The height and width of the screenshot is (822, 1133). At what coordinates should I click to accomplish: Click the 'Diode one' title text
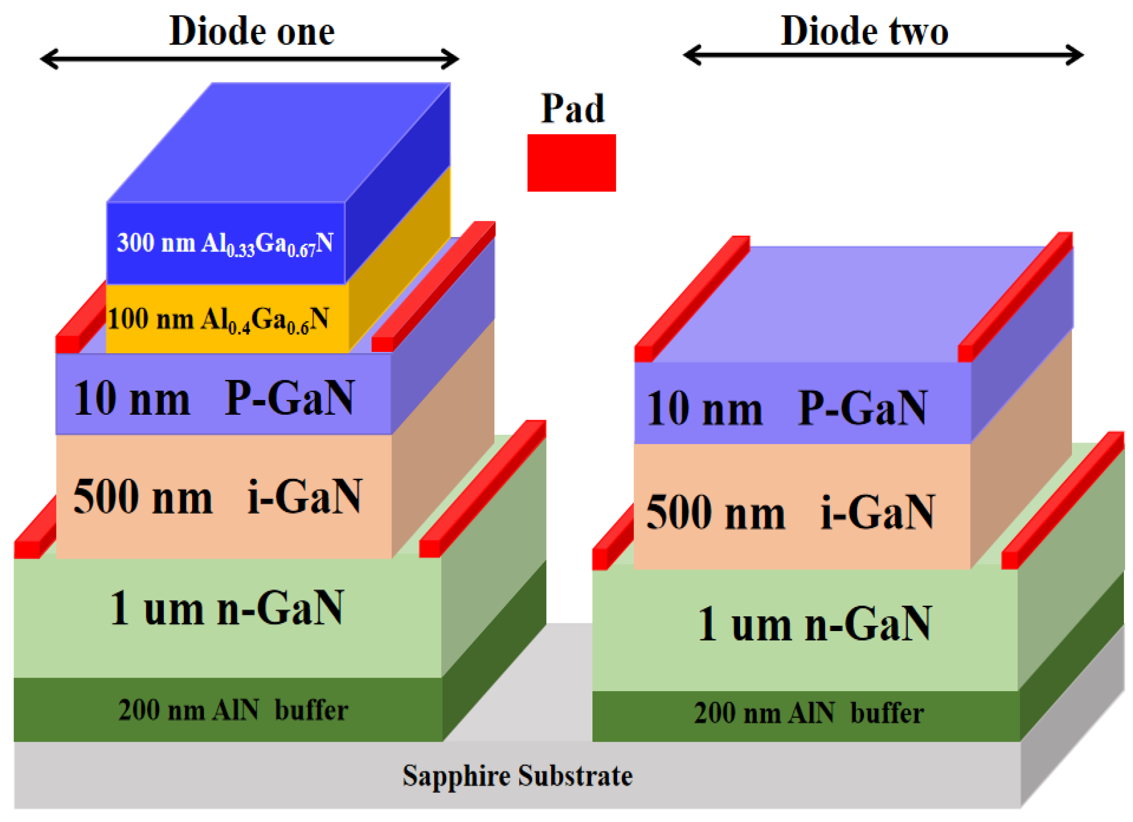[252, 31]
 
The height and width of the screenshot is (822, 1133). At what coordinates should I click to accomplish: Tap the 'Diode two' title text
[864, 31]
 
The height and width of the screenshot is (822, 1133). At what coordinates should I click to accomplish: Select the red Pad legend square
[572, 163]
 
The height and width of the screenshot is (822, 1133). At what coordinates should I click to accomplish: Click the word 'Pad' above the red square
[572, 109]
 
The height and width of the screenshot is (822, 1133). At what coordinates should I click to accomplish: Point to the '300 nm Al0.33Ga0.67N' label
[225, 243]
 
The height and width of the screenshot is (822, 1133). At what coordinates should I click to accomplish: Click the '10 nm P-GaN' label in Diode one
[214, 399]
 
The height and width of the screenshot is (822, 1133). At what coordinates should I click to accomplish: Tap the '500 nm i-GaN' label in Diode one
[217, 497]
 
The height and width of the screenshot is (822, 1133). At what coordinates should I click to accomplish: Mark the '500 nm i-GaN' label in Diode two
[790, 512]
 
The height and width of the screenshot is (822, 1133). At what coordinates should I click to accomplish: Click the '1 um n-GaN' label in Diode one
[227, 608]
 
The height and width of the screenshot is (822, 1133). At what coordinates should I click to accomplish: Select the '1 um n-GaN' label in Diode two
[814, 624]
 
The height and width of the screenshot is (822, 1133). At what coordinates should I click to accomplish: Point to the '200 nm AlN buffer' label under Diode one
[233, 710]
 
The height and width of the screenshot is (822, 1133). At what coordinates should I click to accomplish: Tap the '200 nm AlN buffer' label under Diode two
[808, 713]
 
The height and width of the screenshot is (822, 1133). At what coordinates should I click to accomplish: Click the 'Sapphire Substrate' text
[517, 776]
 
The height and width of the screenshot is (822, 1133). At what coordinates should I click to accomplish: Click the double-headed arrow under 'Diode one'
[249, 59]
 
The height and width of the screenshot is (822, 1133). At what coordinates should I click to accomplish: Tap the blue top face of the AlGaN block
[280, 143]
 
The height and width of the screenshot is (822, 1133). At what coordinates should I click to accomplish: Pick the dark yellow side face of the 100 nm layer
[399, 260]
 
